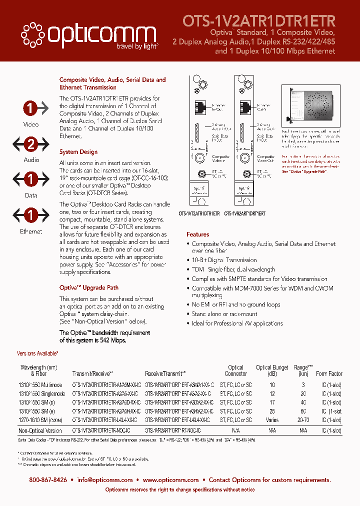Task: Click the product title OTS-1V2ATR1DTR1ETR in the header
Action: coord(259,20)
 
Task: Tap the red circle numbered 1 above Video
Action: coord(31,107)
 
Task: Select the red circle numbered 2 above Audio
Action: coord(31,145)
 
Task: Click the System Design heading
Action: coord(78,152)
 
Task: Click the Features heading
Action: coord(198,234)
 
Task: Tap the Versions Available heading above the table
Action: coord(38,353)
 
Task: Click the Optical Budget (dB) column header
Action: coord(272,370)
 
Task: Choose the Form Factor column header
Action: coord(329,373)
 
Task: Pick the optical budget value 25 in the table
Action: coord(272,411)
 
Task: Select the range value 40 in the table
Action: coord(303,402)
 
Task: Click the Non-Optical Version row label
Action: coord(40,430)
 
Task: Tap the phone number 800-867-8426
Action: coord(48,480)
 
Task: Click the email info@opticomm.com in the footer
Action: coord(105,480)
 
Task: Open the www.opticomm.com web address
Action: coord(170,480)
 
